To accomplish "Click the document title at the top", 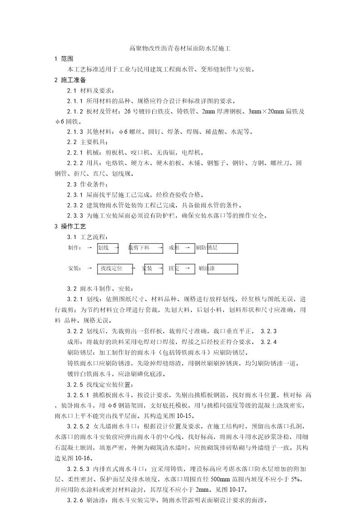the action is click(180, 48).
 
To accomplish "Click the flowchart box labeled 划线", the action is click(108, 248).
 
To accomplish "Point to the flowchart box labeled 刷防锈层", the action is click(216, 248).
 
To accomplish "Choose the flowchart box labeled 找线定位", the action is click(114, 268).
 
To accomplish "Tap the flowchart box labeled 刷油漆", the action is click(216, 268).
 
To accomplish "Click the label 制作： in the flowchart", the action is click(75, 248).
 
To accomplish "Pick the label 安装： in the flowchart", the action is click(75, 268).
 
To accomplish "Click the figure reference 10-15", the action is click(186, 416).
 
